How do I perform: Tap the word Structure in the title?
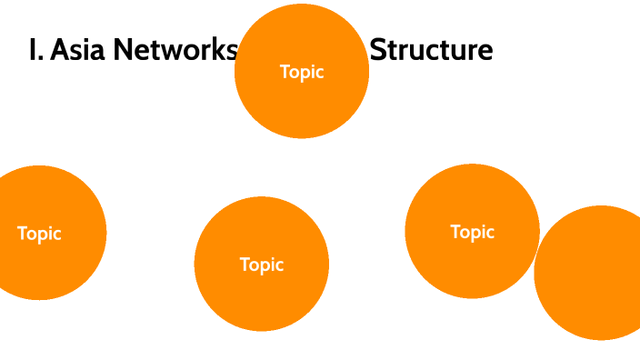point(431,50)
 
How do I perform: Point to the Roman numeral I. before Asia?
point(35,50)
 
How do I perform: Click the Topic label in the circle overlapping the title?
point(302,72)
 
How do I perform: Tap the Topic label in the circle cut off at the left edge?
point(39,234)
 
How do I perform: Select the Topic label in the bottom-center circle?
point(262,265)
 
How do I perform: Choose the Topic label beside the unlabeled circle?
point(472,232)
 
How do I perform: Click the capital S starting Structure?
point(378,50)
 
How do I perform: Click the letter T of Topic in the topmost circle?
point(285,72)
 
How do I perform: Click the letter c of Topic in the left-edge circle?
point(57,235)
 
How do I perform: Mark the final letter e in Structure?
point(485,52)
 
